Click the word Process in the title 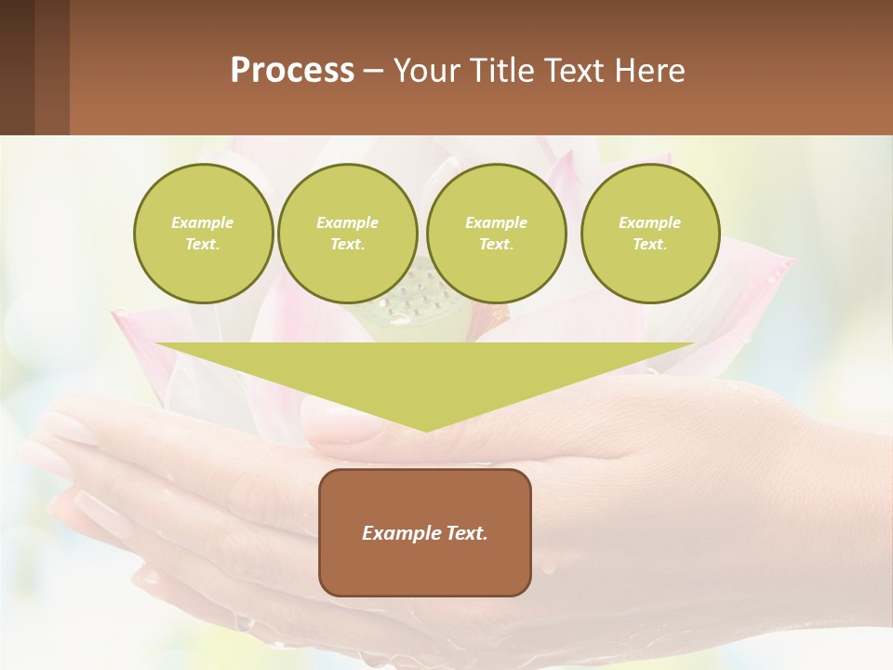[292, 71]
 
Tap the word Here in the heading [650, 71]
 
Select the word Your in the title [425, 71]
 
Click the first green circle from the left [203, 234]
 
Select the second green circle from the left [347, 234]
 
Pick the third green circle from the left [496, 234]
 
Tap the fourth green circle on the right [650, 234]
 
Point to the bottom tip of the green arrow [425, 431]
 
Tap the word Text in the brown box [465, 533]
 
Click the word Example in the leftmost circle [203, 222]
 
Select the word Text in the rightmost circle [649, 244]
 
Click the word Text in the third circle [496, 244]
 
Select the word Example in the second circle [347, 222]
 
